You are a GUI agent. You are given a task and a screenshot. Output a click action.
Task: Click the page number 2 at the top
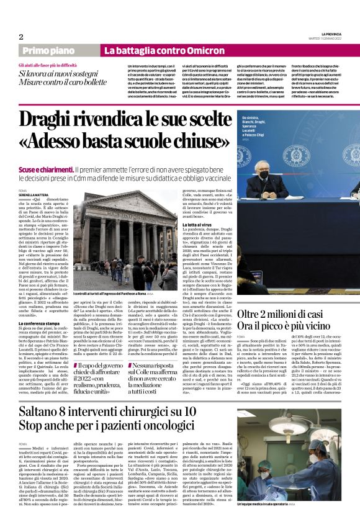21,36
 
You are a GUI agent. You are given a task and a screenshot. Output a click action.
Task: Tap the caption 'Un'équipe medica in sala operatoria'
303,520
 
